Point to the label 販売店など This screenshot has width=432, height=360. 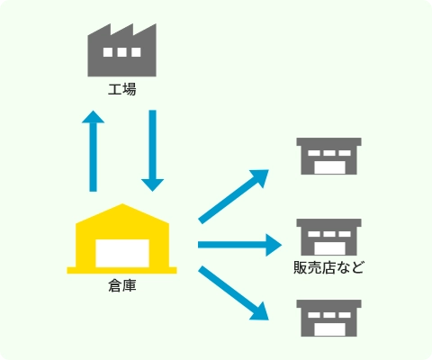(328, 267)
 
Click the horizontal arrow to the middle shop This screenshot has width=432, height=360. (238, 244)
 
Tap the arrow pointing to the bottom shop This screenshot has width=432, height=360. (234, 292)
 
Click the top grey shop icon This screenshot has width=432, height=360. (328, 157)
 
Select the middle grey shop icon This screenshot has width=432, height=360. (328, 236)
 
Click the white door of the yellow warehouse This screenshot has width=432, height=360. (122, 253)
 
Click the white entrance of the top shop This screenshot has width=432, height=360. (328, 167)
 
